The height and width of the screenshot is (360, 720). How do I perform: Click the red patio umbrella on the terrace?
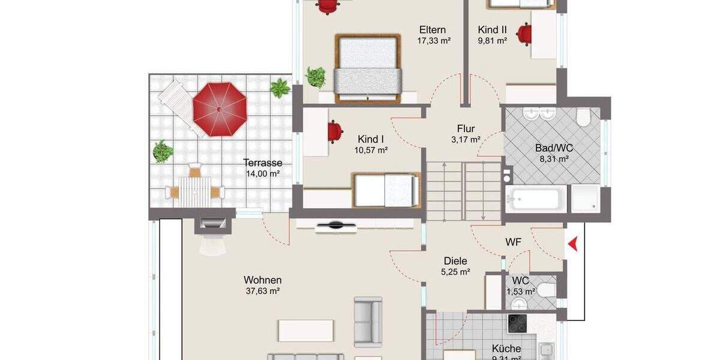click(220, 109)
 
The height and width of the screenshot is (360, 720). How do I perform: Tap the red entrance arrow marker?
click(573, 243)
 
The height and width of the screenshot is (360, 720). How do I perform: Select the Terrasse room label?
click(263, 163)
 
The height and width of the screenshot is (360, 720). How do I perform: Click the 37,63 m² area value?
click(263, 291)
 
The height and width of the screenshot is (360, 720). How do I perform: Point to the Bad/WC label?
click(552, 148)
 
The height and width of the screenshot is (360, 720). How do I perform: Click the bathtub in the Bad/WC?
click(536, 198)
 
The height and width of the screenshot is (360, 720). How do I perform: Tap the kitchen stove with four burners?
click(517, 323)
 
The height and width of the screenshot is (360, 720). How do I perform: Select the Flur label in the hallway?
click(466, 128)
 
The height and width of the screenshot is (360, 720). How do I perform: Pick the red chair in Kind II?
click(525, 33)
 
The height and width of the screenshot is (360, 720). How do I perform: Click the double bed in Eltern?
click(368, 67)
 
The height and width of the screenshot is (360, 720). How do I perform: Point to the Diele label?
click(455, 261)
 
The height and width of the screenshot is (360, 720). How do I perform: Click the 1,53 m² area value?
click(521, 292)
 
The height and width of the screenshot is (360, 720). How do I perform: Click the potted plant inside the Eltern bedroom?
click(315, 77)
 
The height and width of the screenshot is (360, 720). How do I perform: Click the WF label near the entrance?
click(513, 242)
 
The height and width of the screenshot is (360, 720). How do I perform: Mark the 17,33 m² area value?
click(434, 41)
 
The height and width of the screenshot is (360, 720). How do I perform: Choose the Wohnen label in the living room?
click(263, 280)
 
